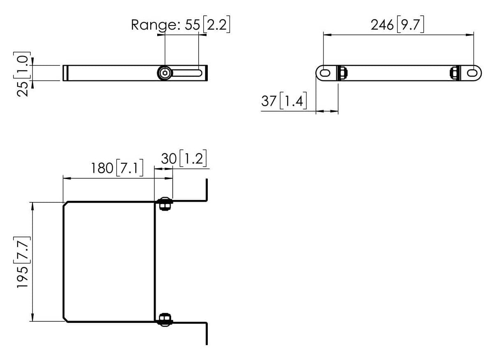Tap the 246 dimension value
[x=382, y=25]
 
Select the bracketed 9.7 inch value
[x=410, y=25]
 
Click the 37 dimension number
[x=269, y=101]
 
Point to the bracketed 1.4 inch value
[x=293, y=101]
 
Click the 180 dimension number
[x=102, y=168]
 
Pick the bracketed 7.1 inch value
[x=130, y=168]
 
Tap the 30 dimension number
[x=168, y=158]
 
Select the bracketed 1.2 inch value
[x=193, y=158]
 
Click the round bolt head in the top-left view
[x=165, y=73]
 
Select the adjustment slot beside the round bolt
[x=187, y=73]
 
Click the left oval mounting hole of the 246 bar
[x=325, y=73]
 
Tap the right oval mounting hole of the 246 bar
[x=472, y=73]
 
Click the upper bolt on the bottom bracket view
[x=165, y=204]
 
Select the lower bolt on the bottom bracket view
[x=165, y=319]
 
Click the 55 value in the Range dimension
[x=192, y=25]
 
